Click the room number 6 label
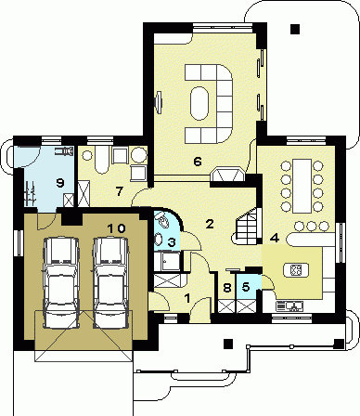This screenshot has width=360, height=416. click(x=198, y=162)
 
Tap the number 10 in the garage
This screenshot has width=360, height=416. click(x=117, y=228)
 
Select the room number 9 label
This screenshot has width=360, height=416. click(x=60, y=183)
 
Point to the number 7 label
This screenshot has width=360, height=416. click(x=119, y=191)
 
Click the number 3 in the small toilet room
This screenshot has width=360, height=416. click(x=172, y=241)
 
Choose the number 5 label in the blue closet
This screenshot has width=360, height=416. click(x=246, y=287)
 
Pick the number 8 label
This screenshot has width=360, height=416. click(x=227, y=288)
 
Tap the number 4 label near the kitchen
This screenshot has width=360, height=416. click(x=275, y=238)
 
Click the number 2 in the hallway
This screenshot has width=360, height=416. click(x=210, y=224)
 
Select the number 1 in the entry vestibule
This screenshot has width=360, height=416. click(x=186, y=298)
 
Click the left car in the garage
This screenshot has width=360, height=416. click(x=60, y=282)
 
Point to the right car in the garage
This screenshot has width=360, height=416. click(x=110, y=282)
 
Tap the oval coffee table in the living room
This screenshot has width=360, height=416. click(x=199, y=103)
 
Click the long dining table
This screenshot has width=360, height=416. click(x=302, y=186)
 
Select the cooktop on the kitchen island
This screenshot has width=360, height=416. click(x=295, y=269)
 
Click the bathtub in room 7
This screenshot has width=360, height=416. click(x=101, y=160)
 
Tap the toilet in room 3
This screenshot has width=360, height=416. click(x=162, y=221)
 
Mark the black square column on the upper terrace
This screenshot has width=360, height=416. click(x=295, y=29)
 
